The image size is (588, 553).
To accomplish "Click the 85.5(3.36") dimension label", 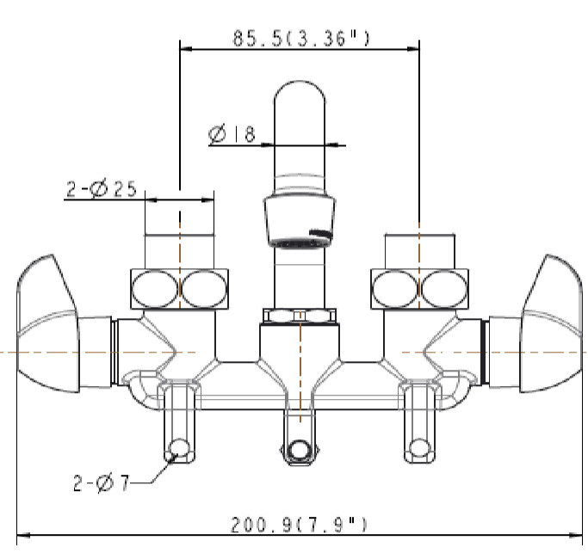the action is click(301, 38).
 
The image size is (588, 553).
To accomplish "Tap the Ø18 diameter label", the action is click(232, 134).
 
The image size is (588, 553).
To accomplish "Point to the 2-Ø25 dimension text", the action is click(102, 188).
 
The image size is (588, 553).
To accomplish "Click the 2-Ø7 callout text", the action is click(102, 483).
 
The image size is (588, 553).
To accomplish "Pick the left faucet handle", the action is click(48, 324).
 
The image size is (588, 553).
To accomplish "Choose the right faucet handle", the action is click(551, 324).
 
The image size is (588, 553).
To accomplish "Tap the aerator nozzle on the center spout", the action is click(300, 221).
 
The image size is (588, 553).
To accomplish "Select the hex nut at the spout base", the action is click(300, 316).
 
